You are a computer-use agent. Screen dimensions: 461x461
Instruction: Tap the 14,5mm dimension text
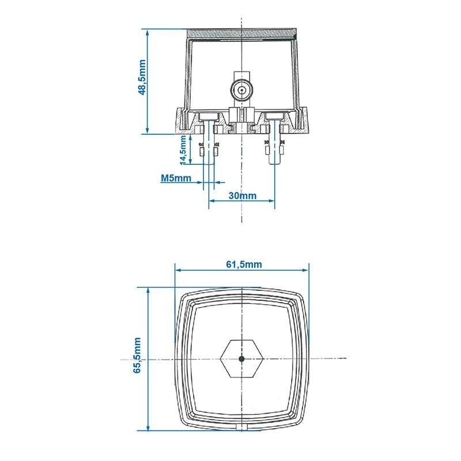tap(183, 150)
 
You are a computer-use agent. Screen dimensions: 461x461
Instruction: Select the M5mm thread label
tap(176, 178)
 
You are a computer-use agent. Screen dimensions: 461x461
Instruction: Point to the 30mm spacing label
tap(242, 195)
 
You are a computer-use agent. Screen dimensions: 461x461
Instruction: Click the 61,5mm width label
tap(242, 264)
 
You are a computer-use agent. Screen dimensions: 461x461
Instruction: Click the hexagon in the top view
tap(241, 358)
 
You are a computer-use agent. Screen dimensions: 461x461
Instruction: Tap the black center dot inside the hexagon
tap(241, 358)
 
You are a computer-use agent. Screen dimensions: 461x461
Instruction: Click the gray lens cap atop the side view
tap(242, 33)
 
